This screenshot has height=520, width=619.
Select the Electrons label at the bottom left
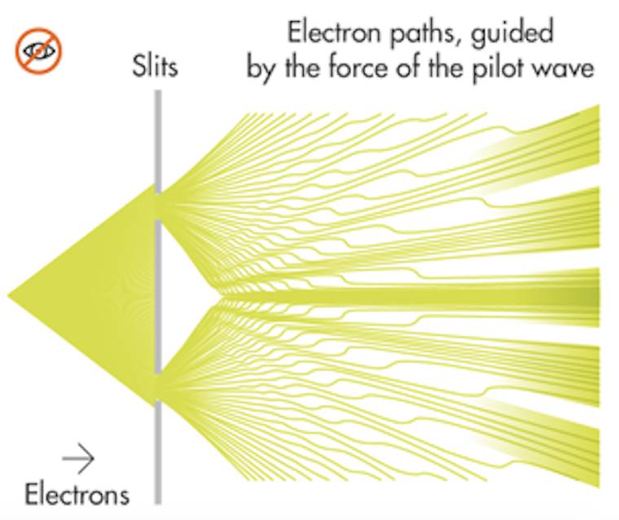(x=77, y=494)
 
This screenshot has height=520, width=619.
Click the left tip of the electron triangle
(x=11, y=294)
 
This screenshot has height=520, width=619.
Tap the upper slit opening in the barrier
(x=158, y=202)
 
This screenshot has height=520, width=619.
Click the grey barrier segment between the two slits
(x=158, y=294)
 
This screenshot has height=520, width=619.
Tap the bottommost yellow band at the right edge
(x=590, y=456)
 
